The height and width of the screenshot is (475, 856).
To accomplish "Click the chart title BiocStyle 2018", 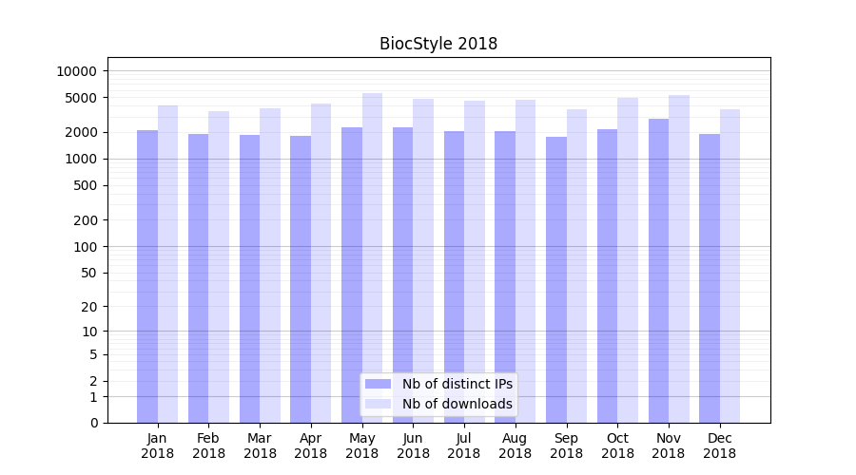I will tap(438, 44).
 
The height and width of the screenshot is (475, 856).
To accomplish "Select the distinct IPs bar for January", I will tap(147, 275).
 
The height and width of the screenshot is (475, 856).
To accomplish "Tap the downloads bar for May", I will tap(372, 256).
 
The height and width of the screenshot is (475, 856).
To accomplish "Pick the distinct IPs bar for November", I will tap(658, 271).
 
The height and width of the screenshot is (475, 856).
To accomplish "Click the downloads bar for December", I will tap(730, 266).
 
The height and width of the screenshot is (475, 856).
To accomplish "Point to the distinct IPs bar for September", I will tap(555, 279).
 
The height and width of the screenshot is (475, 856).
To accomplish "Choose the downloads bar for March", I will tap(270, 265).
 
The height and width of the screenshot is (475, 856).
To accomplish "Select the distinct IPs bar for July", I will tap(454, 276).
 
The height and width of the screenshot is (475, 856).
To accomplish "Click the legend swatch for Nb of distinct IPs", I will tap(378, 384).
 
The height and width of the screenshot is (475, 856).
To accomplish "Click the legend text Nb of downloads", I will tap(457, 404).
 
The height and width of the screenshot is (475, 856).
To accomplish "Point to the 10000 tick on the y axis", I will tap(77, 71).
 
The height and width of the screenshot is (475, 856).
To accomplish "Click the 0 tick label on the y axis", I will tap(93, 423).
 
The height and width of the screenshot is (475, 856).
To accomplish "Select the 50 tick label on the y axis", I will tap(88, 273).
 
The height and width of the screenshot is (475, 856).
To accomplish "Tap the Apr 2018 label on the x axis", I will tap(311, 446).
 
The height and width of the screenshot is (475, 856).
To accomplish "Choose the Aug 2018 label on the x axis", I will tap(515, 446).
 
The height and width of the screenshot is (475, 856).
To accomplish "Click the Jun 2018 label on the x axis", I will tap(413, 446).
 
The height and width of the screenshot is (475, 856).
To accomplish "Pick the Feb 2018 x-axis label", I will tap(208, 446).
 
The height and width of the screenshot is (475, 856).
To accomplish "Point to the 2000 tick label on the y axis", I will tap(81, 132).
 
